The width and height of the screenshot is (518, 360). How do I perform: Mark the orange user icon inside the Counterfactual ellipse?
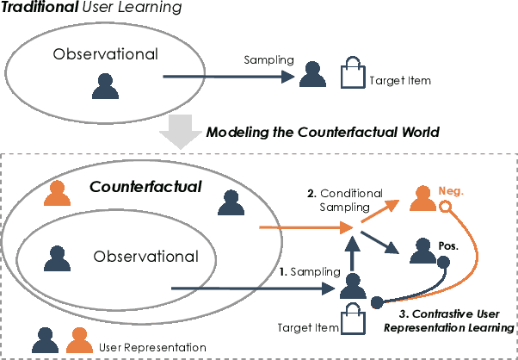click(59, 193)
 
